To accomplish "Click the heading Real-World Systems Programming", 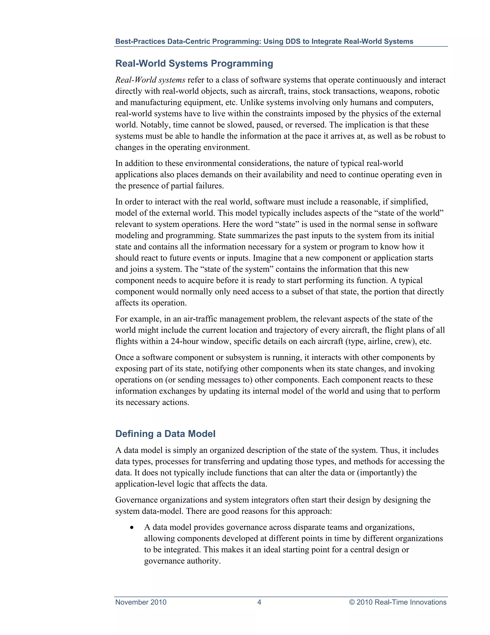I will click(194, 63).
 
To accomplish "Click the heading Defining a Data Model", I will click(165, 433).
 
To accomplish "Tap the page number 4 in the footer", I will click(259, 602).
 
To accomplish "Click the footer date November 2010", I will click(141, 602).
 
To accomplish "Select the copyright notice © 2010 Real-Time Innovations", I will click(397, 602).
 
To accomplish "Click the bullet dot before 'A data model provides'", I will click(132, 527).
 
